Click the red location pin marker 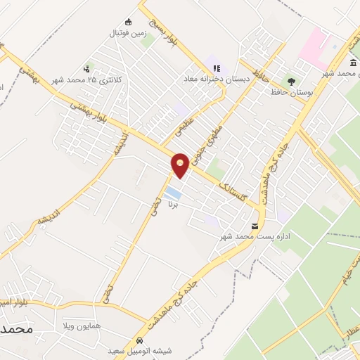click(x=180, y=165)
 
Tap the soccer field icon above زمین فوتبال click(x=127, y=21)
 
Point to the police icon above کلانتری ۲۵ click(x=86, y=69)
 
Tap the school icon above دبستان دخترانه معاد click(x=216, y=68)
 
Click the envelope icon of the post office click(x=255, y=226)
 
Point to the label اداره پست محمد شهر click(x=256, y=237)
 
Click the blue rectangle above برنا click(x=173, y=192)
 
